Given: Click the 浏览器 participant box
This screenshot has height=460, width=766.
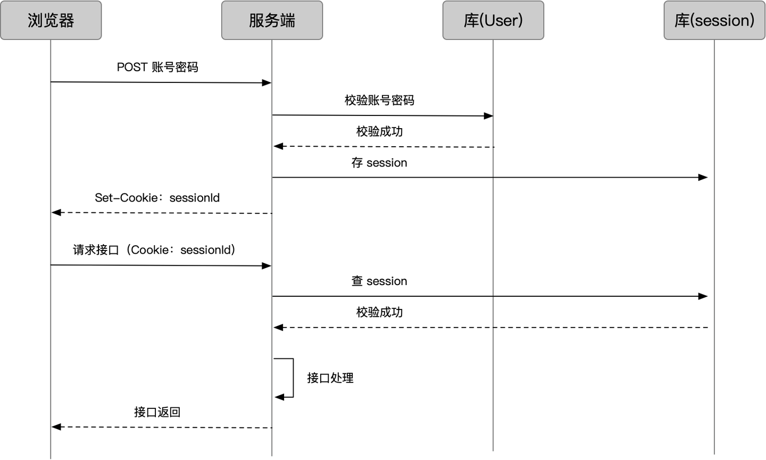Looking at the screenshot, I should pos(51,20).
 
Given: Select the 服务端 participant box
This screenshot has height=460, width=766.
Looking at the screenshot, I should pos(272,20).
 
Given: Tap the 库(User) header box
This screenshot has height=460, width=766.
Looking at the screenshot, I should pos(493,20).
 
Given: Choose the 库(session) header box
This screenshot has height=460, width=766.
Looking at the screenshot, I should pos(714,20).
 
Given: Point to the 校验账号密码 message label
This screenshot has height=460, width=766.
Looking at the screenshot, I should pos(379,101).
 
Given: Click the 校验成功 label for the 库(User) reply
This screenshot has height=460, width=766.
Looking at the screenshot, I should pos(379,132).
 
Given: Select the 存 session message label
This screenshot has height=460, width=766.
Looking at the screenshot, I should pos(379,163).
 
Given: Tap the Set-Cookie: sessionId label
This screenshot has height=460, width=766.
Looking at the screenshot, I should pos(157,198).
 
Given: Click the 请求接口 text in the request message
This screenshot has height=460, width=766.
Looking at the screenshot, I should pos(96,250).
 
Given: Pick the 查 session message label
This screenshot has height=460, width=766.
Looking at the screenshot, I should pos(379,281).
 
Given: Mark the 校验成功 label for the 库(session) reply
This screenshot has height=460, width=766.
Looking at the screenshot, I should pos(379,312).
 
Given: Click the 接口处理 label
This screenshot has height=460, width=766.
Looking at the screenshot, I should pos(330,378).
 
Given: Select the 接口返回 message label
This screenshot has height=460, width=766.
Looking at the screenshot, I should pos(157,412).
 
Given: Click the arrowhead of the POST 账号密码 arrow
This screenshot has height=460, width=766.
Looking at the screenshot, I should pos(267,83).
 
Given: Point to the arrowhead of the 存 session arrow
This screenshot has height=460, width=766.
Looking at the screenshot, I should pos(703,177).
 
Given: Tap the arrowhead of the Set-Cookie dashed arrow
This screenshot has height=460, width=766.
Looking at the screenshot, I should pos(56,213).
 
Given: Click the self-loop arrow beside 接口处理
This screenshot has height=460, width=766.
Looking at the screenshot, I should pos(292,378).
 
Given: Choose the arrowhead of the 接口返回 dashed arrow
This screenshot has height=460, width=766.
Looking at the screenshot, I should pos(56,426).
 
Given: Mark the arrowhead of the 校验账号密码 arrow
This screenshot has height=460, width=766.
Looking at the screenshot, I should pos(488,116).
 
